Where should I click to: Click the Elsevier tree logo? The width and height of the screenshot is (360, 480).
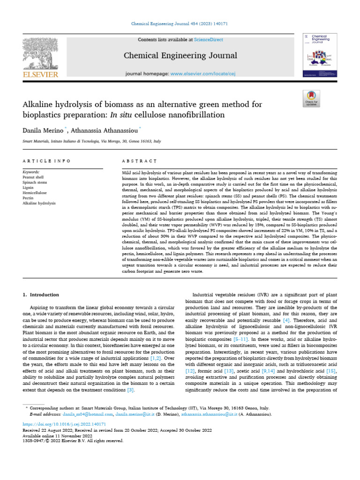[x=40, y=54]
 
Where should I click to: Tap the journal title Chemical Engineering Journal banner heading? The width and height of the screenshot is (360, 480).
[x=180, y=56]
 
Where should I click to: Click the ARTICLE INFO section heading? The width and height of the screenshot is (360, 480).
[x=46, y=161]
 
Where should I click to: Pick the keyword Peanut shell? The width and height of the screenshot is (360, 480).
[x=33, y=178]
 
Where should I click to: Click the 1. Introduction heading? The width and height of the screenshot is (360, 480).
[x=41, y=295]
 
